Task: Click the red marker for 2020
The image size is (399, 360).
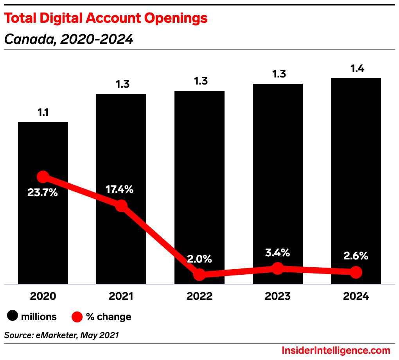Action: pyautogui.click(x=43, y=177)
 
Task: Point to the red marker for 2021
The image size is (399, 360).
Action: pyautogui.click(x=121, y=205)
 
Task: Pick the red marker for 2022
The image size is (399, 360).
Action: pyautogui.click(x=199, y=274)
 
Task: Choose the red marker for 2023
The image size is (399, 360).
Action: pyautogui.click(x=277, y=268)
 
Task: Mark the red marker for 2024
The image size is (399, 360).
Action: pyautogui.click(x=356, y=272)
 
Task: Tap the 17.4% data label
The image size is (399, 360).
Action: pyautogui.click(x=120, y=190)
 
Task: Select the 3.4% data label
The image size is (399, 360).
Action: pyautogui.click(x=277, y=253)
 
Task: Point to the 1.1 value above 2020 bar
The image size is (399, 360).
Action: pyautogui.click(x=43, y=113)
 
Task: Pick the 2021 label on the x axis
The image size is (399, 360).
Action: pyautogui.click(x=121, y=296)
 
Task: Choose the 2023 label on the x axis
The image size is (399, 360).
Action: pyautogui.click(x=277, y=296)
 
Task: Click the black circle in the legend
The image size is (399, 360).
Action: pyautogui.click(x=13, y=317)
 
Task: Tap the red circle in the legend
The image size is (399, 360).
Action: pyautogui.click(x=77, y=317)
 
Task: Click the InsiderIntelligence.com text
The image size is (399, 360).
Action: pyautogui.click(x=336, y=350)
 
